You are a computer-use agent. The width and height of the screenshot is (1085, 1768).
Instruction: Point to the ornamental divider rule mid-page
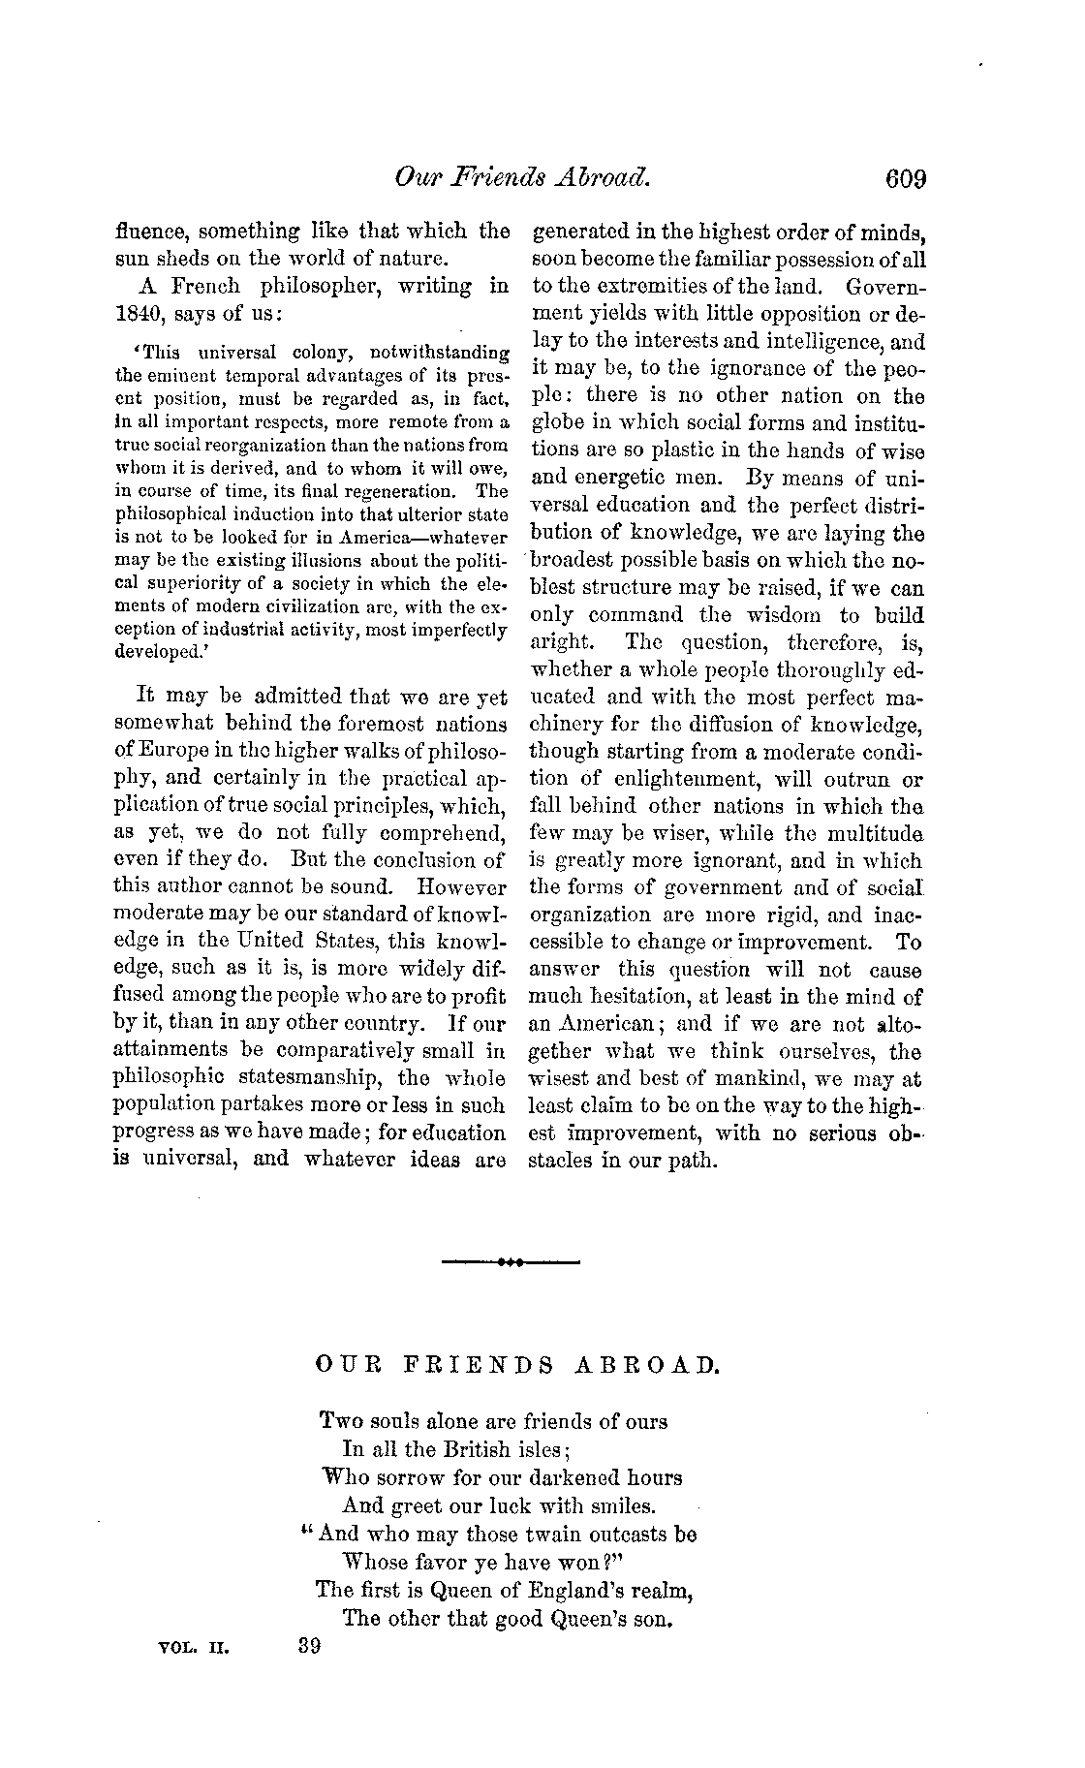511,1263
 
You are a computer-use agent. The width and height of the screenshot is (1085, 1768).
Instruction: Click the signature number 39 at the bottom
309,1646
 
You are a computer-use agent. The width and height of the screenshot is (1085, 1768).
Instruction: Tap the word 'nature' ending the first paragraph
414,260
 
